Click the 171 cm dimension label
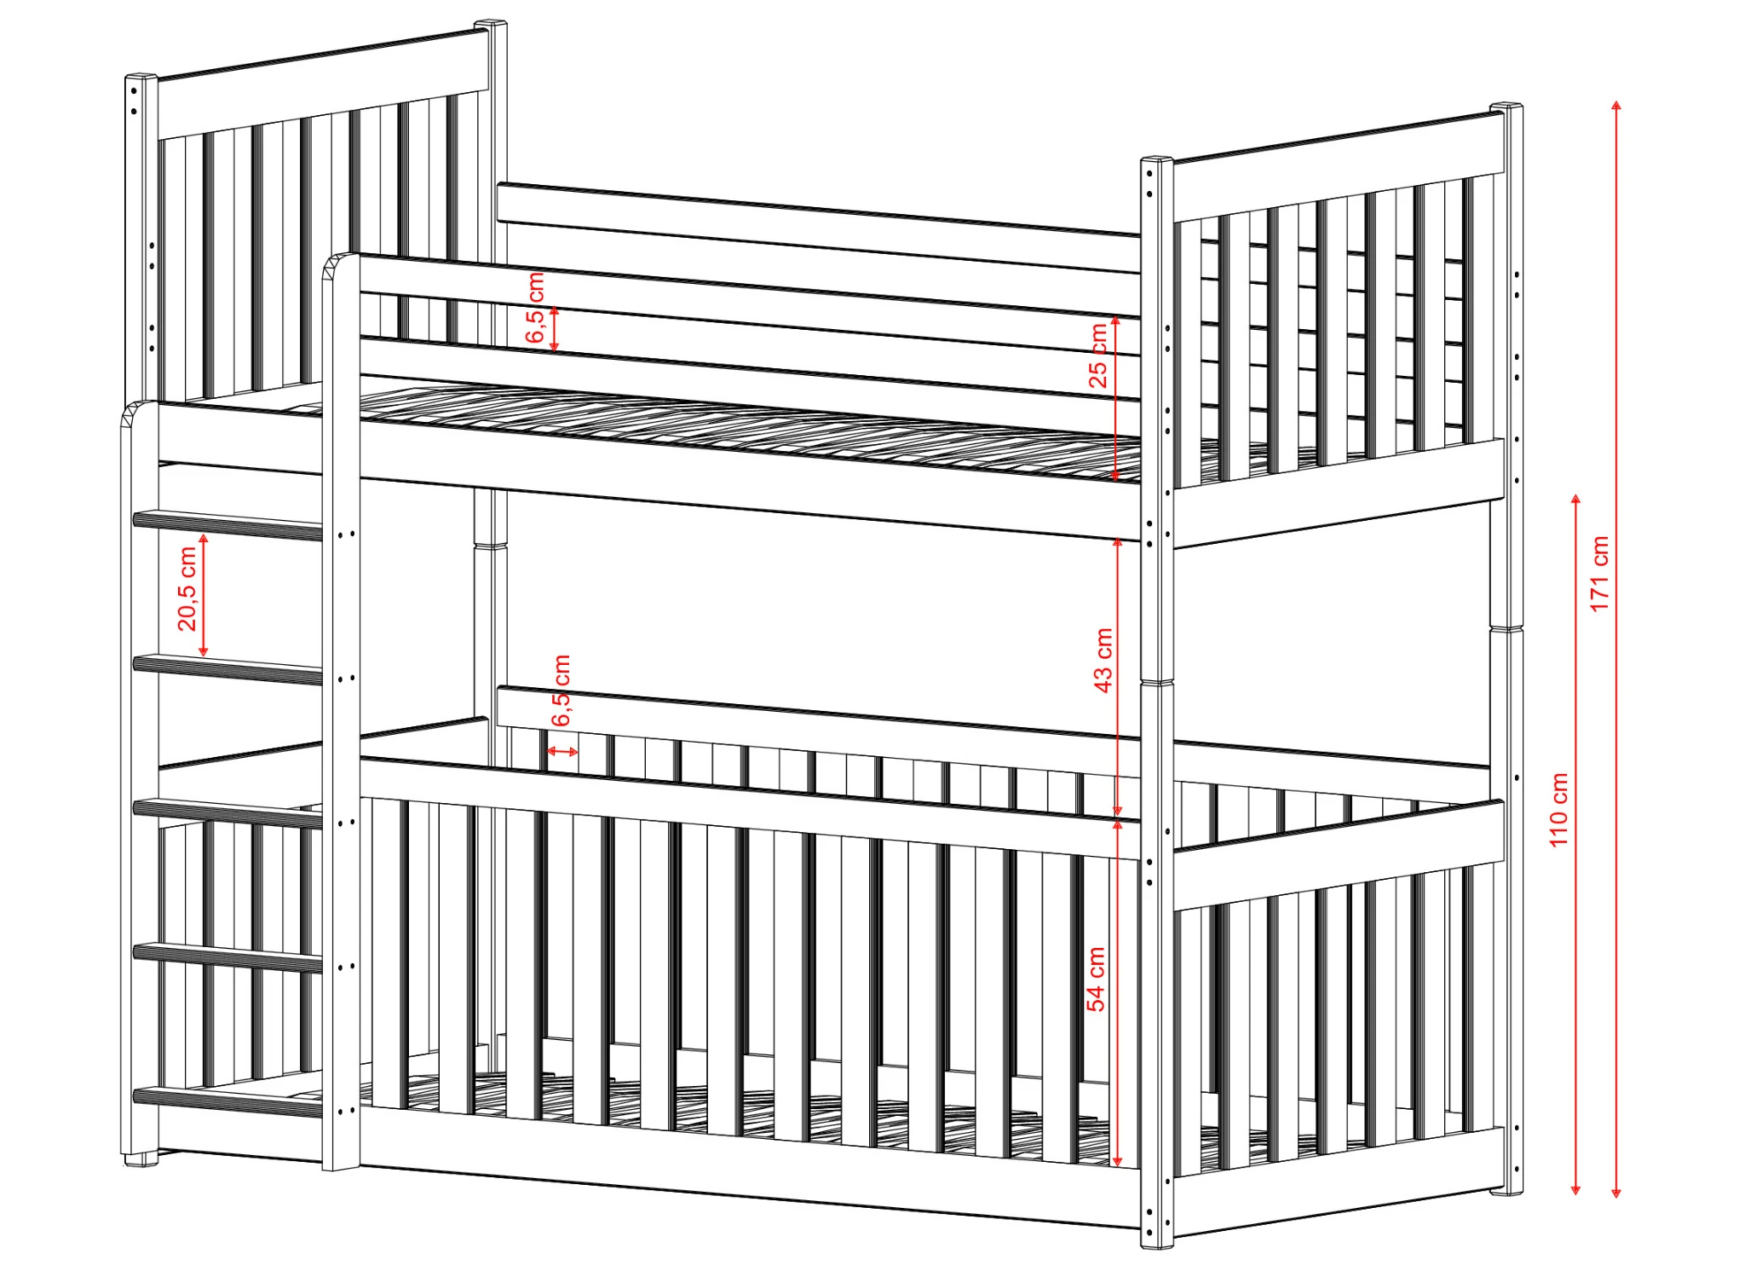coord(1599,573)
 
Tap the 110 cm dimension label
coord(1558,810)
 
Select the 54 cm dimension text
coord(1096,979)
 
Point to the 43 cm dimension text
coord(1103,660)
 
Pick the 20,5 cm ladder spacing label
coord(187,588)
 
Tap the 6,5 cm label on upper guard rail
coord(535,308)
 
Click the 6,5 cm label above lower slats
coord(561,691)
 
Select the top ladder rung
coord(227,525)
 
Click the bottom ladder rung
coord(227,1101)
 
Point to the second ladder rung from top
coord(227,669)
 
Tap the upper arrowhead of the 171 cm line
coord(1616,106)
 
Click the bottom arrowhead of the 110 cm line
coord(1575,1188)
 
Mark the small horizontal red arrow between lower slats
coord(562,751)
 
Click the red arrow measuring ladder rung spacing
coord(204,595)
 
